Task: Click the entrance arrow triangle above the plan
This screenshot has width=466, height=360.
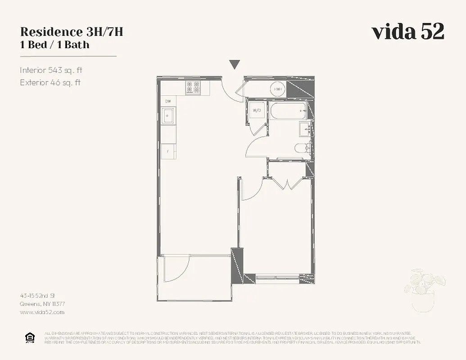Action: pyautogui.click(x=234, y=65)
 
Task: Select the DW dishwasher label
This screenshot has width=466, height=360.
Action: pyautogui.click(x=168, y=102)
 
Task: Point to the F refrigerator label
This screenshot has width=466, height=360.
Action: pyautogui.click(x=168, y=151)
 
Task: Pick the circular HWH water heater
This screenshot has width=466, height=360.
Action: pyautogui.click(x=278, y=90)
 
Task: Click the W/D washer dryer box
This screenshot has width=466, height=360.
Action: pyautogui.click(x=257, y=110)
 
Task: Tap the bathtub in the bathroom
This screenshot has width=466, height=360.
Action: pyautogui.click(x=288, y=111)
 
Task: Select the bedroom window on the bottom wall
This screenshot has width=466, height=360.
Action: pyautogui.click(x=277, y=276)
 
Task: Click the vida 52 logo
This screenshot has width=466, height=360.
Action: pyautogui.click(x=408, y=32)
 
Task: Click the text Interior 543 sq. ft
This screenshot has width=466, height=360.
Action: pyautogui.click(x=51, y=70)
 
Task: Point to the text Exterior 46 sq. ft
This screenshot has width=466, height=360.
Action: pyautogui.click(x=50, y=82)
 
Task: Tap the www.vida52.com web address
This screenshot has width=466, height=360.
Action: pyautogui.click(x=42, y=312)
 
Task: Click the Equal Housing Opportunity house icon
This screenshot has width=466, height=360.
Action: pyautogui.click(x=30, y=337)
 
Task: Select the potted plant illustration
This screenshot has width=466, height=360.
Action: pyautogui.click(x=424, y=290)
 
